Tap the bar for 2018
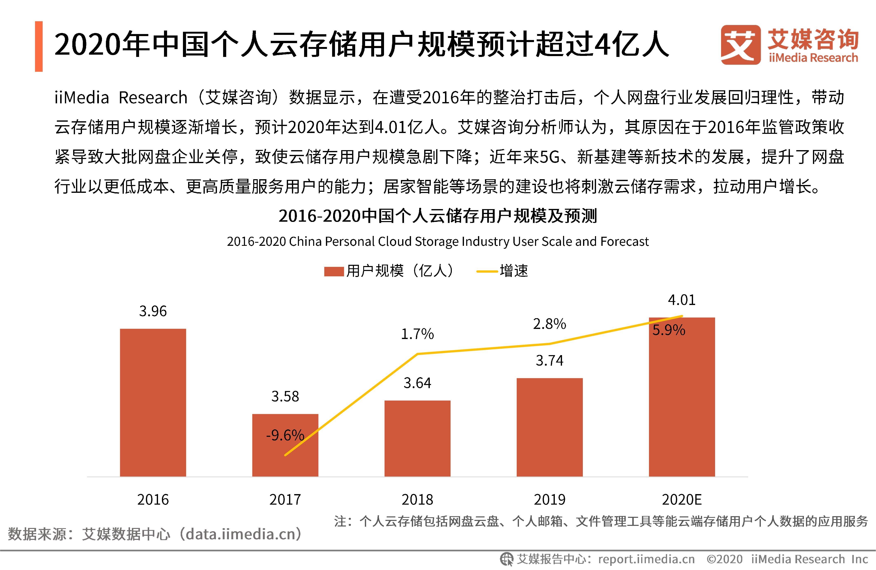(x=417, y=438)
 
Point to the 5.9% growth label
(x=669, y=330)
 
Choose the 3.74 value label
(x=549, y=360)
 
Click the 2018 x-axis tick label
(x=417, y=500)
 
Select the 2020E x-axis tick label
(x=682, y=500)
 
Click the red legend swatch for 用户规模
(x=334, y=272)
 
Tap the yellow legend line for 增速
(x=487, y=272)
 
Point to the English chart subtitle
(x=438, y=241)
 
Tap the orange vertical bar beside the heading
(x=39, y=46)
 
